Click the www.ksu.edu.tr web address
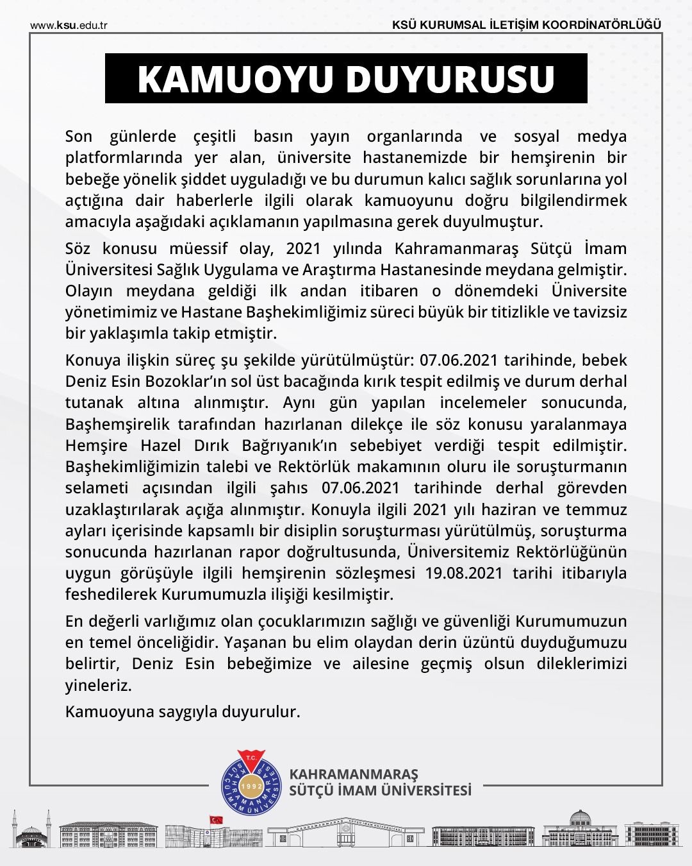[x=69, y=25]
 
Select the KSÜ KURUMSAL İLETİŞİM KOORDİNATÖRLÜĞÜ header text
[x=527, y=25]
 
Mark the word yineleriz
[x=97, y=685]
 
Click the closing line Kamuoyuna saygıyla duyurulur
[x=183, y=711]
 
